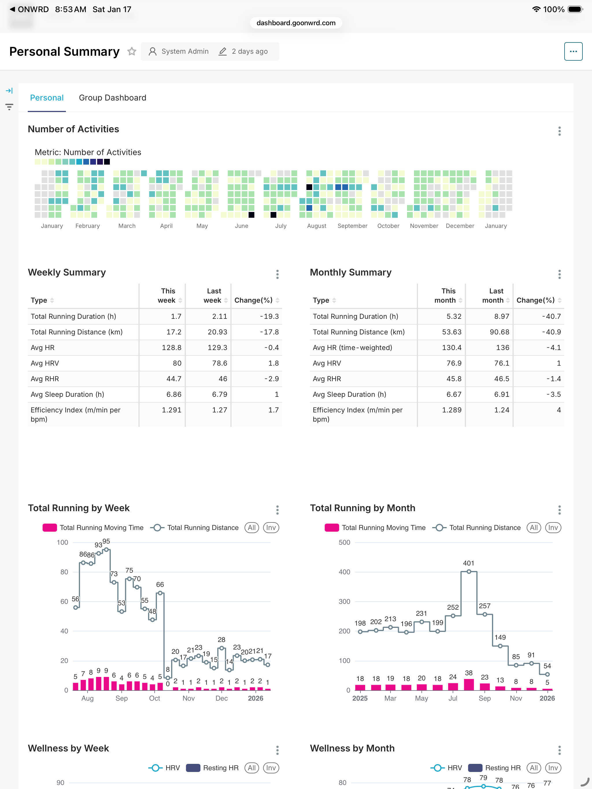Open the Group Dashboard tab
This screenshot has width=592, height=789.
tap(112, 98)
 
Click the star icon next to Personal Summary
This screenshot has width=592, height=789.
tap(132, 51)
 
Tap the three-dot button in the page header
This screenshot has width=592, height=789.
tap(573, 51)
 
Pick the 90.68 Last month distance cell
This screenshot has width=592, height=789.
tap(499, 332)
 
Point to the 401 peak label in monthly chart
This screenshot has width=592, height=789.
tap(469, 563)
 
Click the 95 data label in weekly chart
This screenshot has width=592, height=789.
tap(106, 541)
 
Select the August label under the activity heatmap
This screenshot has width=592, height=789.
tap(316, 226)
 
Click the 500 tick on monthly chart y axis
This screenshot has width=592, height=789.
tap(344, 543)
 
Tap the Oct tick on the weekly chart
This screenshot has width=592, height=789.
tap(154, 698)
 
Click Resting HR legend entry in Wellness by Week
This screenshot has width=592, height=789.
tap(213, 768)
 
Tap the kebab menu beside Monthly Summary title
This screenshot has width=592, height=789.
tap(559, 274)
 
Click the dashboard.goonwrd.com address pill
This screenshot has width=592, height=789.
tap(296, 23)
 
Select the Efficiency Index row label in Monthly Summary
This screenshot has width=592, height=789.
tap(357, 414)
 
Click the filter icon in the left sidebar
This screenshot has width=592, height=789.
tap(9, 107)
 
